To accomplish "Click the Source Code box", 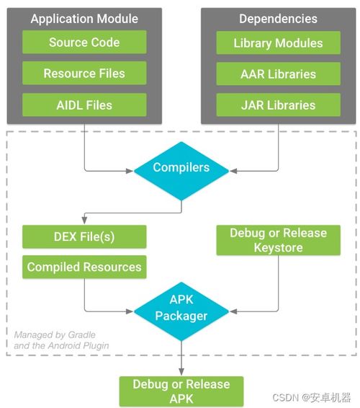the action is pos(84,42).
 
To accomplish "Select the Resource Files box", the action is pos(84,73).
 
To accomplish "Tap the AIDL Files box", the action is pos(84,105).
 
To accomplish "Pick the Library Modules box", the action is pos(278,43).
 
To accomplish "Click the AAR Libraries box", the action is pos(278,74).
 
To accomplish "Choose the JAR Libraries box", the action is pos(278,105).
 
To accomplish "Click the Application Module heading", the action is pos(84,19).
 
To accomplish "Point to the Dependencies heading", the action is pos(278,19).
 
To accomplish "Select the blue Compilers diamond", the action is pos(181,171).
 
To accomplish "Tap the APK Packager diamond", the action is pos(181,311).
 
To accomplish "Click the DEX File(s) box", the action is pos(84,236).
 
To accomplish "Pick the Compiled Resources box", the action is pos(84,267).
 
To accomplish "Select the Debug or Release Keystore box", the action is pos(278,240).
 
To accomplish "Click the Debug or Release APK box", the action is pos(181,391).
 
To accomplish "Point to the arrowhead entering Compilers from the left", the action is pos(130,171).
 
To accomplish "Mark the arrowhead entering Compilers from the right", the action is pos(233,171).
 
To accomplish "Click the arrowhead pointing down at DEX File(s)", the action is pos(84,221).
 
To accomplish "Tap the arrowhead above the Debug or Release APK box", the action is pos(181,371).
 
